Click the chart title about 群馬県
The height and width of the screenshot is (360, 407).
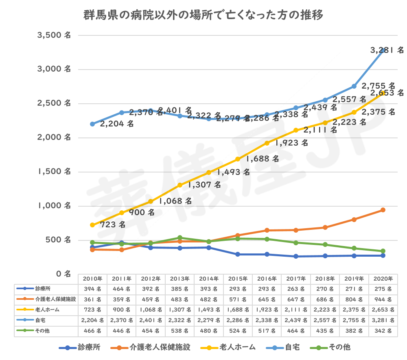(203, 15)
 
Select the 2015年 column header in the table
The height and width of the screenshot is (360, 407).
(238, 279)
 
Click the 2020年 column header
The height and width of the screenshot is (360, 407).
(383, 279)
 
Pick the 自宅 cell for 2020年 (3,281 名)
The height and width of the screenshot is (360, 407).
(383, 321)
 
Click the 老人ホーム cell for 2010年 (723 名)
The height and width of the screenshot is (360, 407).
(92, 310)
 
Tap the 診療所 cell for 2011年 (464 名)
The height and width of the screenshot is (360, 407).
(121, 289)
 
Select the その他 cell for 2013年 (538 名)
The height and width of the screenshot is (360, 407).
(179, 331)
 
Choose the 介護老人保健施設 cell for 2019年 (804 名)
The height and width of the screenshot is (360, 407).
(354, 299)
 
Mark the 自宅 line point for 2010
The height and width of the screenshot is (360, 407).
(92, 124)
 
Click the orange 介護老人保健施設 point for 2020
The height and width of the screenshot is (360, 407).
(383, 210)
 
